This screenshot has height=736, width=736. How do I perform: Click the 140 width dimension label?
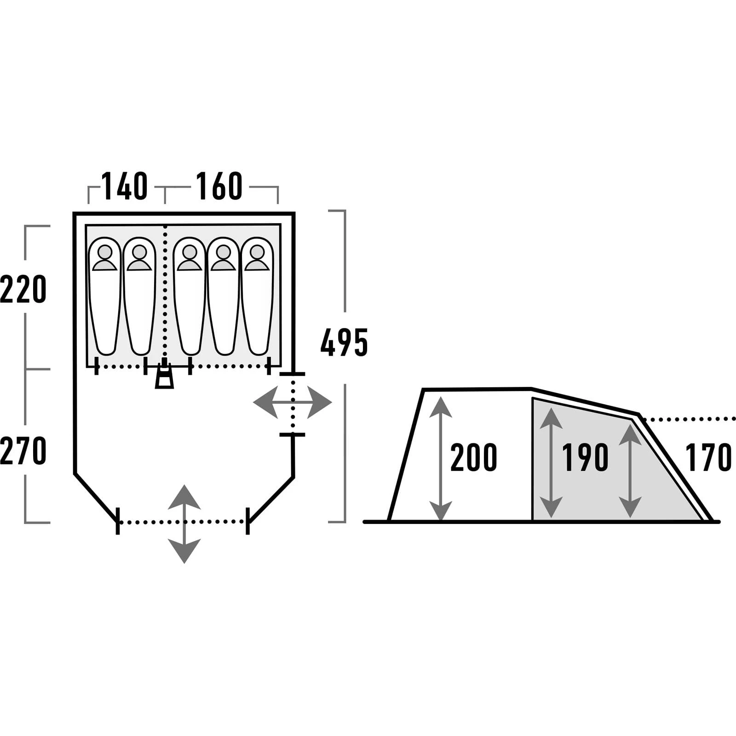125,186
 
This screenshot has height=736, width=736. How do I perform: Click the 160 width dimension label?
219,186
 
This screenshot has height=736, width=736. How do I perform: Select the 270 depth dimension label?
23,451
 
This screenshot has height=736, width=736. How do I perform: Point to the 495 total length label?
344,343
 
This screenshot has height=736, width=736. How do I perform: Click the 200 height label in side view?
473,458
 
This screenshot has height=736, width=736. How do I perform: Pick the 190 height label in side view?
585,458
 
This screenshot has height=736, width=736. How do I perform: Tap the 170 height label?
708,458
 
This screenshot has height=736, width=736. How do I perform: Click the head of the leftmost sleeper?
105,252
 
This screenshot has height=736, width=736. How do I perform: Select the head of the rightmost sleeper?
257,252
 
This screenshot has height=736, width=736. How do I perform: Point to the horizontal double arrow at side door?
293,403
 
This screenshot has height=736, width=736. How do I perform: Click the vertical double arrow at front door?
184,524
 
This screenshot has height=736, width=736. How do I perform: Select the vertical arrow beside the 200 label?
441,458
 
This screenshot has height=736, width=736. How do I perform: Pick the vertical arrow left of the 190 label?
551,462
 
